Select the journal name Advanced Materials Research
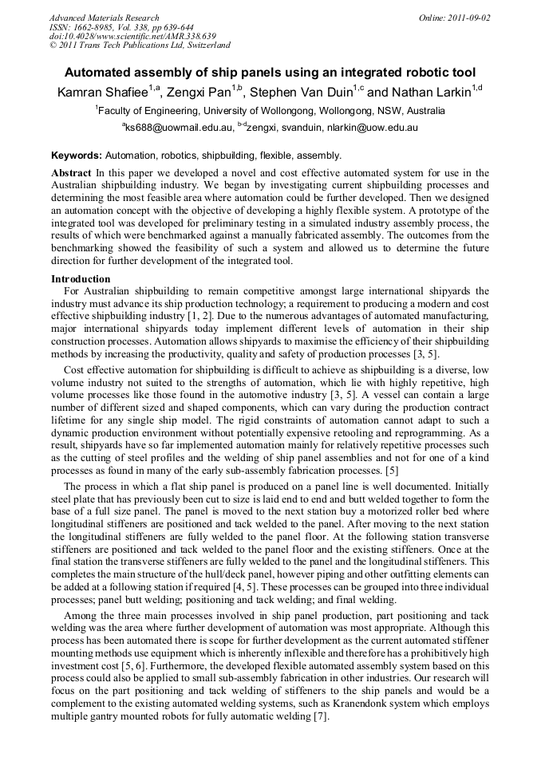point(105,18)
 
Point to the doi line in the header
point(132,37)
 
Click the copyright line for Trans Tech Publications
point(140,46)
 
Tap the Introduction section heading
point(81,279)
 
